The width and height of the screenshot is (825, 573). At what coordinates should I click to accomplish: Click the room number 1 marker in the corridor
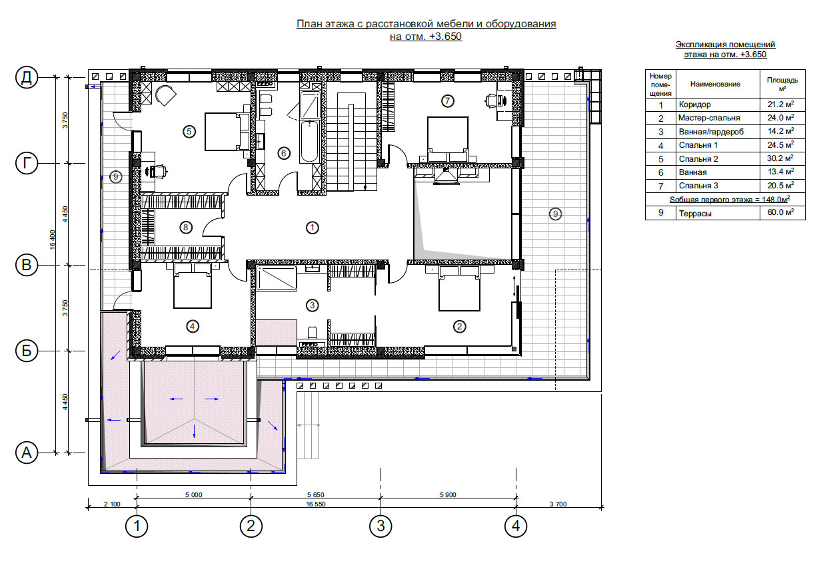click(x=313, y=228)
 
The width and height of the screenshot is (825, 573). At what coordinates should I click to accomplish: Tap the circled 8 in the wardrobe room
click(x=186, y=228)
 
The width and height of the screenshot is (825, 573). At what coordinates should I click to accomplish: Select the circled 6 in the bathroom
click(x=284, y=153)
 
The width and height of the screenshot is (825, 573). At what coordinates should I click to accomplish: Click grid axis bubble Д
click(x=27, y=77)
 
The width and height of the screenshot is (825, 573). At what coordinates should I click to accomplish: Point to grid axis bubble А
click(x=27, y=453)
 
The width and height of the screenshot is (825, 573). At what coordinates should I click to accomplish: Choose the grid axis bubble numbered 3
click(x=381, y=526)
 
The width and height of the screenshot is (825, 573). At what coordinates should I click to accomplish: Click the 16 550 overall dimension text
click(x=316, y=504)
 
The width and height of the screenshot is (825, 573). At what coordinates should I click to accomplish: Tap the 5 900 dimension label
click(x=448, y=495)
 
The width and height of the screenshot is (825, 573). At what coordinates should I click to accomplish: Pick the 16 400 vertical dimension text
click(x=52, y=240)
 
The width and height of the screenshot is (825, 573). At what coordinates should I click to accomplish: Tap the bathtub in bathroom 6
click(x=309, y=142)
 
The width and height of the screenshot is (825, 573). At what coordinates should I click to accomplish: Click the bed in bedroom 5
click(x=227, y=132)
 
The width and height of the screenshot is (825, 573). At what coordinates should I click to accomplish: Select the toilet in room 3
click(x=312, y=332)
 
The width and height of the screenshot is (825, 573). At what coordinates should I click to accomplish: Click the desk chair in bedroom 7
click(x=492, y=100)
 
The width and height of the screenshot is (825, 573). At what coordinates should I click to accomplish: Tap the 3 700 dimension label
click(x=558, y=504)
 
